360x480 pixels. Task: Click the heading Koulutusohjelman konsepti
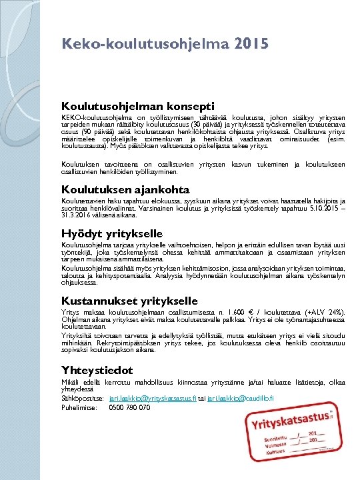(138, 105)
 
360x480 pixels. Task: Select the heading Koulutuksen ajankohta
(126, 189)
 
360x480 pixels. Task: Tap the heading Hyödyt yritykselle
(112, 233)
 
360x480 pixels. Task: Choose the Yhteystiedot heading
(97, 369)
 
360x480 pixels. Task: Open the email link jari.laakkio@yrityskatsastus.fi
(152, 399)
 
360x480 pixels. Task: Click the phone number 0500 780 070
(129, 407)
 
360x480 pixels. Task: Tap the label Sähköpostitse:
(82, 399)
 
